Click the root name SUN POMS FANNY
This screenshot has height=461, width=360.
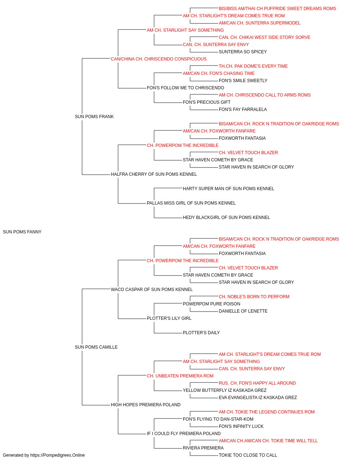click(22, 232)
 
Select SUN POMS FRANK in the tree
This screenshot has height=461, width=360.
click(94, 117)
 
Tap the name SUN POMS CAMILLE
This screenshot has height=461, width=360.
click(96, 347)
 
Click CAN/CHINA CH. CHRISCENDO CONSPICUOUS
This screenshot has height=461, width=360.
click(159, 59)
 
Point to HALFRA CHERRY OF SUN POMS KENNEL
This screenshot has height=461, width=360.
click(154, 174)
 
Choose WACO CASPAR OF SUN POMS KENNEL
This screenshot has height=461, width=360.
click(152, 289)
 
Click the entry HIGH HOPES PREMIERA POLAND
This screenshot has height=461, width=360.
click(145, 405)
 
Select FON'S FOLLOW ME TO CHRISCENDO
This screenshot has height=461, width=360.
click(185, 88)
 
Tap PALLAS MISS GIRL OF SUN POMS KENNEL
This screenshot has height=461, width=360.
click(191, 203)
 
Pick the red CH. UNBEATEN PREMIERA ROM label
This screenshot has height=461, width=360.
click(180, 376)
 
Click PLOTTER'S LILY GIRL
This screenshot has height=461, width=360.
click(169, 318)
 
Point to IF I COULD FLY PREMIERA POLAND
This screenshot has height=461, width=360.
click(184, 433)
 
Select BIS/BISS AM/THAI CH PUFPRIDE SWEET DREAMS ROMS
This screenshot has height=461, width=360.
click(277, 9)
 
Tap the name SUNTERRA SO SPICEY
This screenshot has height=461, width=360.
click(243, 52)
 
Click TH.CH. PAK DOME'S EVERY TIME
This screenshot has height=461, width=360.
click(253, 66)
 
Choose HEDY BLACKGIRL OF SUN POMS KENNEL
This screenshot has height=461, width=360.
click(226, 218)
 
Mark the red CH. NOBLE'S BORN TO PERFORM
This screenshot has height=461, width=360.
click(254, 296)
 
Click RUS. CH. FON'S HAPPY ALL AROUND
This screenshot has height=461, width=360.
click(257, 383)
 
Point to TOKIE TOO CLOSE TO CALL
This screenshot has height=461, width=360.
click(248, 455)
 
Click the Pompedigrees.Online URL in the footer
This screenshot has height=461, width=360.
click(57, 455)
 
